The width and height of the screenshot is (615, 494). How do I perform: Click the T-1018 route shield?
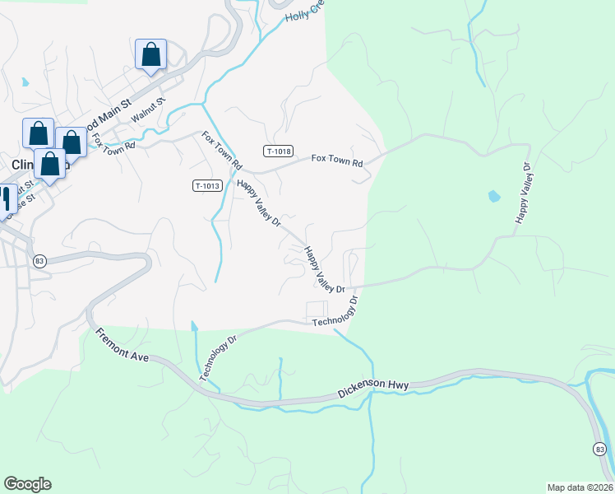(279, 151)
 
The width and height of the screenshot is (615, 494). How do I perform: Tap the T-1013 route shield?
(208, 186)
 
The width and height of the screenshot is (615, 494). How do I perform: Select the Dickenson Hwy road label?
(374, 388)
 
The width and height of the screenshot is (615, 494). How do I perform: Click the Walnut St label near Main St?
(149, 110)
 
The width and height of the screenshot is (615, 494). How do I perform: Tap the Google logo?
(27, 484)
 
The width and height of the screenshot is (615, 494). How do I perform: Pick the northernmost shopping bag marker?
(151, 55)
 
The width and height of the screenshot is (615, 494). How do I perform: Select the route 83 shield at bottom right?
(600, 448)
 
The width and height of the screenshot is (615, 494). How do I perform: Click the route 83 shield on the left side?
(39, 260)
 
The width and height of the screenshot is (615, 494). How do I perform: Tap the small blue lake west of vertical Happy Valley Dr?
(493, 196)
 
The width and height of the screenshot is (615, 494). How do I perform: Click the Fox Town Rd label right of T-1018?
(336, 162)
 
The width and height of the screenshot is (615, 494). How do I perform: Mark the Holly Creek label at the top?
(304, 11)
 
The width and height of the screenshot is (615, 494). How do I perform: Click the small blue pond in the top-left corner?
(26, 82)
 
